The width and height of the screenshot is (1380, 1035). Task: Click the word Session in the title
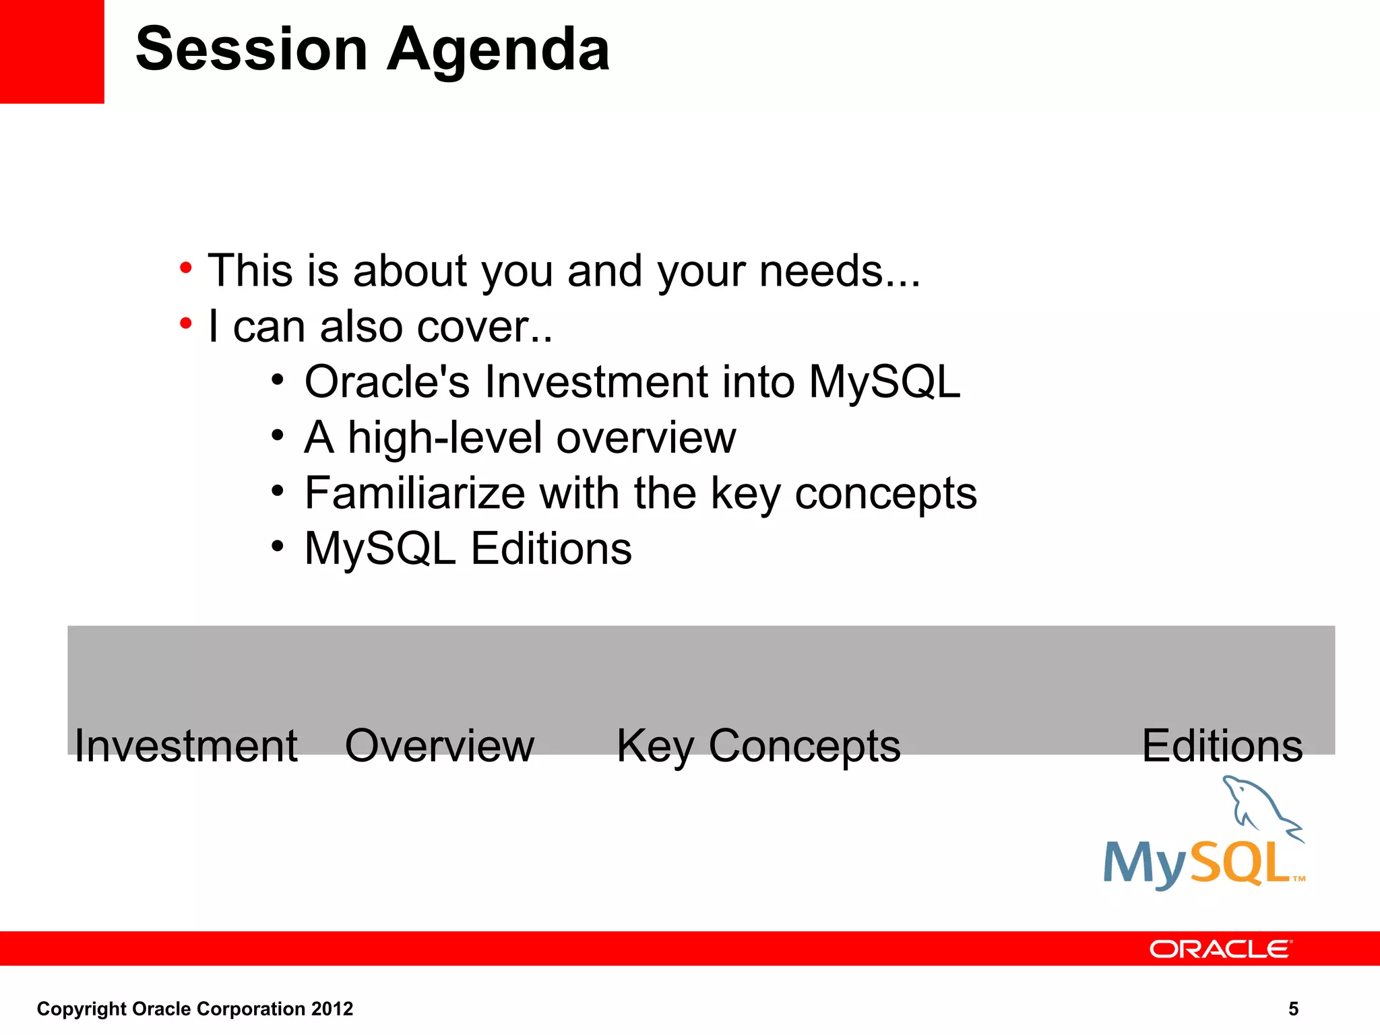point(251,49)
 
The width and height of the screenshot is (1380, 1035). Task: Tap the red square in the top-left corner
point(51,51)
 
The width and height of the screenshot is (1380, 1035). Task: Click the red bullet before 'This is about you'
point(186,269)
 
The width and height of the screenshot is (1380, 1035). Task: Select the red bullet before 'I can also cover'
point(186,324)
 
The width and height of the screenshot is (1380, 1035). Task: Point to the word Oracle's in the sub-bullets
point(387,382)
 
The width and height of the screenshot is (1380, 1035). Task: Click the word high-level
point(445,438)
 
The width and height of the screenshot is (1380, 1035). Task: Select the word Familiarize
point(414,493)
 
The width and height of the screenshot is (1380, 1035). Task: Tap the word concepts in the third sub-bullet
point(885,494)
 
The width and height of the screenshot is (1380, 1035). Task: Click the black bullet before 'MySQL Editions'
point(278,546)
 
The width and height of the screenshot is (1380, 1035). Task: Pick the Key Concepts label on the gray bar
point(758,747)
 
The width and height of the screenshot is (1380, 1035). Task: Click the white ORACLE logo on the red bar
point(1220,949)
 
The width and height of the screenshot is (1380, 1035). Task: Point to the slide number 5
point(1293,1009)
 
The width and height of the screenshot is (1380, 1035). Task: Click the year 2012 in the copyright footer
point(332,1009)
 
